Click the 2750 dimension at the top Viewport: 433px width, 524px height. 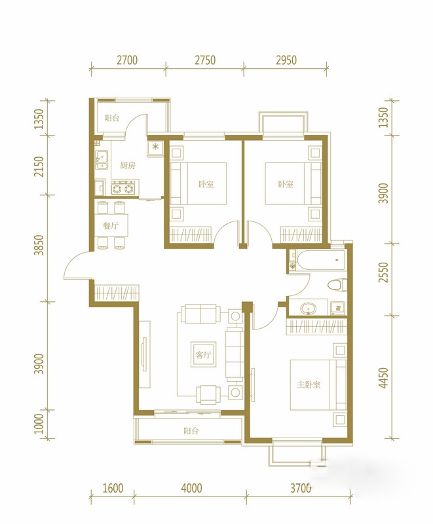[x=205, y=60]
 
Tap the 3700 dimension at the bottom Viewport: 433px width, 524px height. [x=301, y=488]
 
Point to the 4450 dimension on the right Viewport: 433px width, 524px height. [x=385, y=378]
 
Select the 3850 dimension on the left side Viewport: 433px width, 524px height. [x=39, y=245]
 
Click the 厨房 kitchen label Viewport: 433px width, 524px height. [x=128, y=165]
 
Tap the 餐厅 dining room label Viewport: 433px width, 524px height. [x=111, y=226]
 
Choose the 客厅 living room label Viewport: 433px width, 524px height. [x=203, y=355]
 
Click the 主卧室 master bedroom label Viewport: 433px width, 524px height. [x=309, y=384]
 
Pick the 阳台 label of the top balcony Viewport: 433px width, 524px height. [x=111, y=118]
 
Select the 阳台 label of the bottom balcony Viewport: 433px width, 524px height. [x=191, y=431]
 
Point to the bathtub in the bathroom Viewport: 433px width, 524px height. [x=321, y=260]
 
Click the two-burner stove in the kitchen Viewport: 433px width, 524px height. [x=123, y=189]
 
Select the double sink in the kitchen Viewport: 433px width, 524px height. [x=102, y=160]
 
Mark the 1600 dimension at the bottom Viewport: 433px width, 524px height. [x=113, y=488]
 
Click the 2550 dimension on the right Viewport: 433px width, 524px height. [x=385, y=272]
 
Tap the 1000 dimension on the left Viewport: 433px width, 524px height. [x=39, y=423]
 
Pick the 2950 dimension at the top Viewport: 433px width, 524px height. [x=286, y=60]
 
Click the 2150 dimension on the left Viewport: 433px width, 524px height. [x=39, y=166]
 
